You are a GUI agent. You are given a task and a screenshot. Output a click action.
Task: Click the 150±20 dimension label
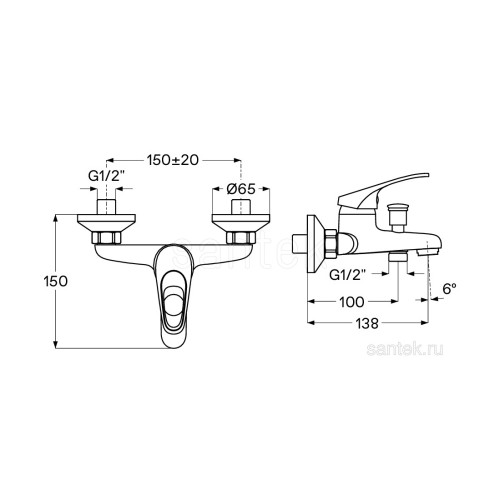pyautogui.click(x=173, y=160)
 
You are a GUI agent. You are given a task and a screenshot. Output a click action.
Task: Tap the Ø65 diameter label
pyautogui.click(x=241, y=189)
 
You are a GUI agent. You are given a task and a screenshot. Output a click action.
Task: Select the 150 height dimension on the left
pyautogui.click(x=55, y=281)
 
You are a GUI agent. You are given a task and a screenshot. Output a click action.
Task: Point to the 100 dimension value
pyautogui.click(x=352, y=302)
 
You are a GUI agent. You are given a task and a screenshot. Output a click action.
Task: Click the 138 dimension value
pyautogui.click(x=367, y=323)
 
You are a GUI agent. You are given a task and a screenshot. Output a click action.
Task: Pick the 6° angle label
pyautogui.click(x=449, y=288)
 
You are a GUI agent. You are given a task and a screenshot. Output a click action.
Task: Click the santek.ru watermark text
pyautogui.click(x=405, y=349)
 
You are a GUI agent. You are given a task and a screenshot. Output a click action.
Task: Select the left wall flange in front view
pyautogui.click(x=106, y=224)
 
